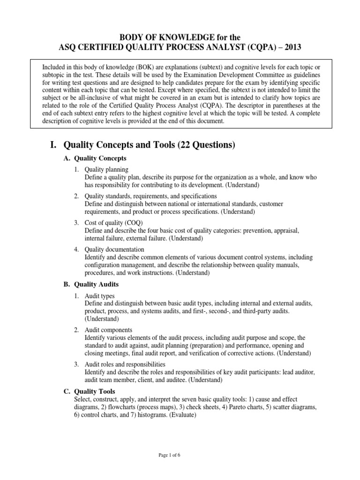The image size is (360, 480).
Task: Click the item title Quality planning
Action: pos(106,169)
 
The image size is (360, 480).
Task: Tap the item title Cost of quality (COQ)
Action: pos(114,222)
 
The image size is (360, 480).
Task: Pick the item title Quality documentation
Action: pos(114,249)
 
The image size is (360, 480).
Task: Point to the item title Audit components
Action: pos(109,330)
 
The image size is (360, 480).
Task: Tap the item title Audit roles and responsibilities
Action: pos(125,364)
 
